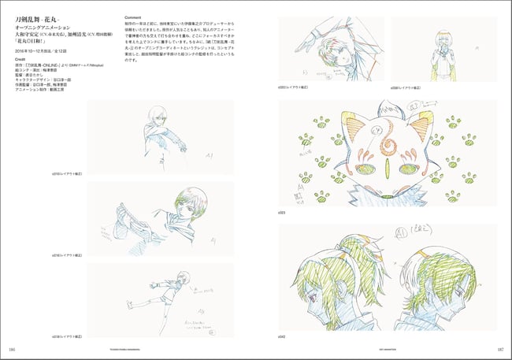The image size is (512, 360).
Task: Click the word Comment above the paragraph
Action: [x=136, y=14]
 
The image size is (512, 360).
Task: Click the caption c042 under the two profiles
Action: [x=283, y=338]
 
